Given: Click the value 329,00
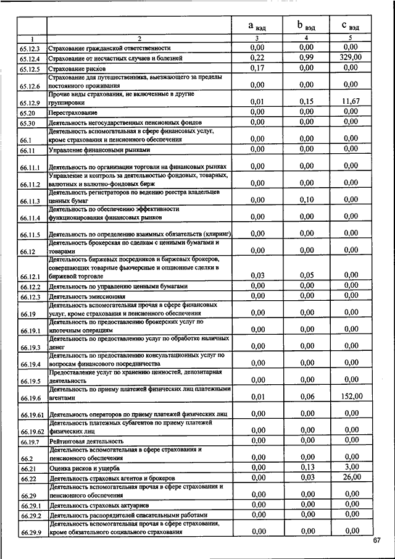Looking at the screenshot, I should click(x=350, y=57).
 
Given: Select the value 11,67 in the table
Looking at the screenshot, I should click(x=350, y=101).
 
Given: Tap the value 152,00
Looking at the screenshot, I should click(x=350, y=397).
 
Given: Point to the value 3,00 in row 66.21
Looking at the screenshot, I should click(x=351, y=467).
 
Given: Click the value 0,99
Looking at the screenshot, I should click(x=306, y=57).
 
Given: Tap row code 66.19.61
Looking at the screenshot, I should click(x=31, y=414).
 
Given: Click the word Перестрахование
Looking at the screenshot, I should click(x=73, y=113).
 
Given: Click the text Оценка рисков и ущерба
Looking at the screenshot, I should click(x=84, y=468).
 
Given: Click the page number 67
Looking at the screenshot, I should click(x=377, y=541).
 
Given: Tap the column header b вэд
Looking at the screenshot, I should click(x=306, y=26).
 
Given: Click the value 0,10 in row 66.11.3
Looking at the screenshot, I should click(x=306, y=200).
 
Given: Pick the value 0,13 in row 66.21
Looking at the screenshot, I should click(x=306, y=467).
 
